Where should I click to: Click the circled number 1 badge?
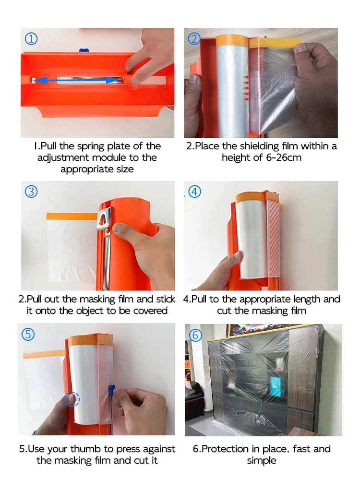[31, 39]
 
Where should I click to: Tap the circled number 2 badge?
[194, 39]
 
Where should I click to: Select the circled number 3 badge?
[31, 192]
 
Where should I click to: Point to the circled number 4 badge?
[195, 192]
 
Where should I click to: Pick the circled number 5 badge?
[28, 334]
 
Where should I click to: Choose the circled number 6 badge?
[196, 335]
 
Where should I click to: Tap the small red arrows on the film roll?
[246, 88]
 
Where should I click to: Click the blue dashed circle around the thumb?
[72, 399]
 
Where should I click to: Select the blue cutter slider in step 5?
[111, 390]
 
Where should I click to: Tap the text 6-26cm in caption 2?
[284, 157]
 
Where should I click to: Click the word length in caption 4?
[307, 300]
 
